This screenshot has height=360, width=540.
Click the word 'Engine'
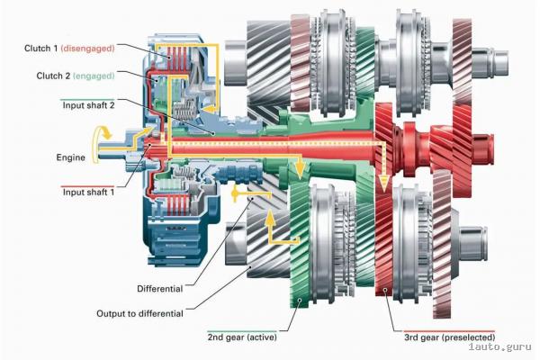pos(68,157)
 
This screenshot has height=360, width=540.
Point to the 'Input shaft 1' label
pos(87,192)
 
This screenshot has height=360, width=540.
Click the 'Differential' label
pos(159,289)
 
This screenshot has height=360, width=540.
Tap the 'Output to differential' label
pos(139,313)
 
